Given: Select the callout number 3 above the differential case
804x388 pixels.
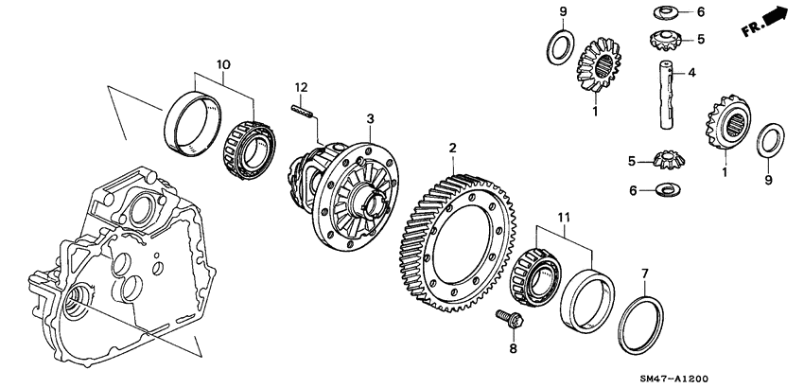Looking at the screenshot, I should [371, 118].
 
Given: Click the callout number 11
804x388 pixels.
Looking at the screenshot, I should [566, 218].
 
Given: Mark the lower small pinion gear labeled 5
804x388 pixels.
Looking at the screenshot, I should [668, 163].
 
